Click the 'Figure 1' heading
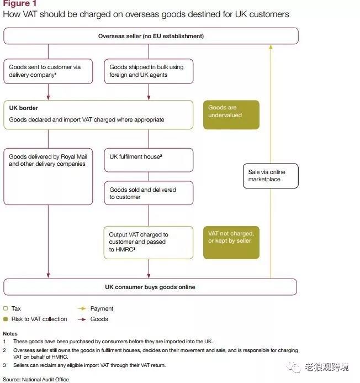tap(17, 4)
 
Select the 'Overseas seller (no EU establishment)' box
tap(151, 36)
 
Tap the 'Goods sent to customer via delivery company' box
tap(48, 71)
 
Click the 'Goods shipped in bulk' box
tap(149, 71)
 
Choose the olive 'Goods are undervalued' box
tap(231, 114)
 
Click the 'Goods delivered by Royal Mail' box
tap(48, 176)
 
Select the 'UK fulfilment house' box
tap(149, 160)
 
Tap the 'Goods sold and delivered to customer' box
tap(149, 193)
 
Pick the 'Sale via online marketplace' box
tap(271, 176)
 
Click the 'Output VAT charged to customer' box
tap(149, 242)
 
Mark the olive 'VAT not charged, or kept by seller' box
tap(231, 242)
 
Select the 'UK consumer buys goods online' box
tap(150, 287)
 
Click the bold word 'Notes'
tap(10, 334)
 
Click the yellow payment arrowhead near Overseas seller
tap(271, 48)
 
